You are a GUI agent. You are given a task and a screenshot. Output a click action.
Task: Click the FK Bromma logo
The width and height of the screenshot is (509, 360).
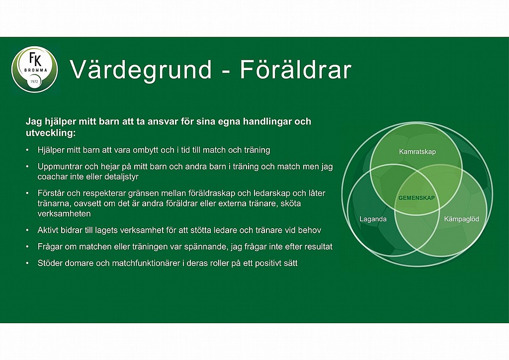(34, 70)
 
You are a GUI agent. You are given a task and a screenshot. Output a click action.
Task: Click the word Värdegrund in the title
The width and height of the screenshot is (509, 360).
(141, 70)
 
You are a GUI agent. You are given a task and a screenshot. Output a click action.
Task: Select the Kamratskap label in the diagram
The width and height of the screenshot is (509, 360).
(417, 152)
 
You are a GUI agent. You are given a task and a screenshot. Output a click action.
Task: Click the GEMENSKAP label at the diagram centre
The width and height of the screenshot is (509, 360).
(417, 198)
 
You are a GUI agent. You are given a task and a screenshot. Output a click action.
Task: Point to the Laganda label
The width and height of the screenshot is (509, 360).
(373, 219)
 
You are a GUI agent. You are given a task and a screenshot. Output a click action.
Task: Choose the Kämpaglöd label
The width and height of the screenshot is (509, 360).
(461, 219)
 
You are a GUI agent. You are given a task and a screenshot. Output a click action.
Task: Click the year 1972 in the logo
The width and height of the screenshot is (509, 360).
(34, 82)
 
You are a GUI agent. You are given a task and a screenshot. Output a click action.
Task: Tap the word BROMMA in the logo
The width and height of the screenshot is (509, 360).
(36, 70)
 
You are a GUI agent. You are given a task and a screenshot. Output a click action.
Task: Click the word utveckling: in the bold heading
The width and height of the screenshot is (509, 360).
(50, 133)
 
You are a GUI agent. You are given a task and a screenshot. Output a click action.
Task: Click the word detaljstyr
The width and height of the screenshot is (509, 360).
(121, 177)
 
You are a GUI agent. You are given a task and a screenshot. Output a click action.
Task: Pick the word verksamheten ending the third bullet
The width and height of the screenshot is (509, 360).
(64, 214)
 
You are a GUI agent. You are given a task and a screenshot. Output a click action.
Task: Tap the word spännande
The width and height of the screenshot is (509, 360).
(206, 247)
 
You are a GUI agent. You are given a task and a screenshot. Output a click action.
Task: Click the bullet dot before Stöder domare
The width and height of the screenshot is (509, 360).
(28, 263)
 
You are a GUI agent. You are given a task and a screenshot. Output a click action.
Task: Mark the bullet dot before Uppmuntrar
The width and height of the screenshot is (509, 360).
(28, 167)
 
